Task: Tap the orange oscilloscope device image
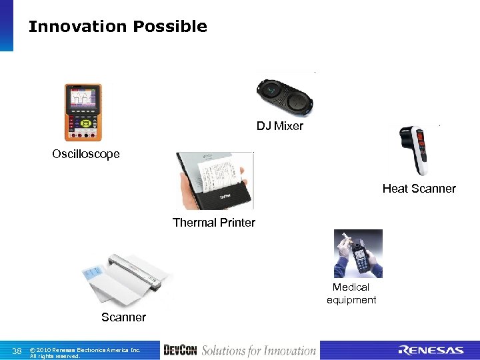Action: [83, 112]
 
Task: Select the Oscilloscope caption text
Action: [86, 154]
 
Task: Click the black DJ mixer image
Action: [285, 97]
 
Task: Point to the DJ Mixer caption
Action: [280, 126]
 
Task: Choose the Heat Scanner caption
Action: [419, 189]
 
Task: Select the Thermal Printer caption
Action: [213, 223]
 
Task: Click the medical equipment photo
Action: [358, 253]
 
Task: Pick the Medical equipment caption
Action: [351, 293]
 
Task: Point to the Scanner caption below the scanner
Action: [123, 317]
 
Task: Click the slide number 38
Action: [17, 351]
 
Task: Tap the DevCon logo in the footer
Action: [179, 351]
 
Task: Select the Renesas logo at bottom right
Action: [431, 351]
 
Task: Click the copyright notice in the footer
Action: [85, 352]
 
